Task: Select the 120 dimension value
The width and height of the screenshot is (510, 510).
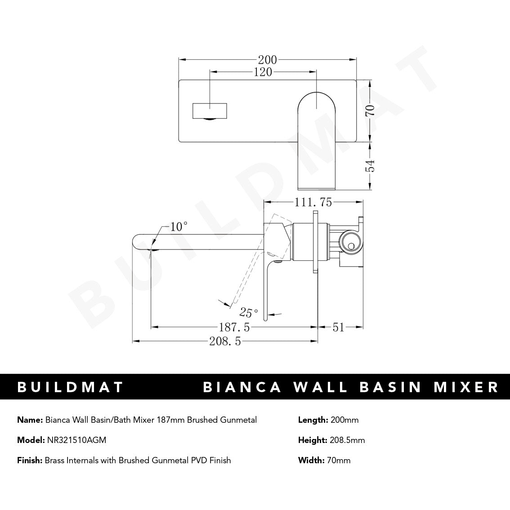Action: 263,72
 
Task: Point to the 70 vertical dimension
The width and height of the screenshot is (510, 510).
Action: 370,110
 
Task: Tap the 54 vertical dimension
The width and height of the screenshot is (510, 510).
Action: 370,166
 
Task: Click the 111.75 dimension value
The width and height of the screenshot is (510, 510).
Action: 313,203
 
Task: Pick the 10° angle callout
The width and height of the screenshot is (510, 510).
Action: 179,227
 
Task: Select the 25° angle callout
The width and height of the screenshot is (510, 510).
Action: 249,312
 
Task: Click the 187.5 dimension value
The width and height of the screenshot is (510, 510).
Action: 234,327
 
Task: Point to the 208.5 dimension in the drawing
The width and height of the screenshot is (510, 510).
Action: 225,341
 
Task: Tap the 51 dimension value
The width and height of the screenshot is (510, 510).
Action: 338,327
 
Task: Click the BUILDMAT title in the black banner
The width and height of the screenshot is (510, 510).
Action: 70,387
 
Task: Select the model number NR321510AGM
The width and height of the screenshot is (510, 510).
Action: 76,440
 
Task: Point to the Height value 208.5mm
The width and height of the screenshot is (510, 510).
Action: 347,440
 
